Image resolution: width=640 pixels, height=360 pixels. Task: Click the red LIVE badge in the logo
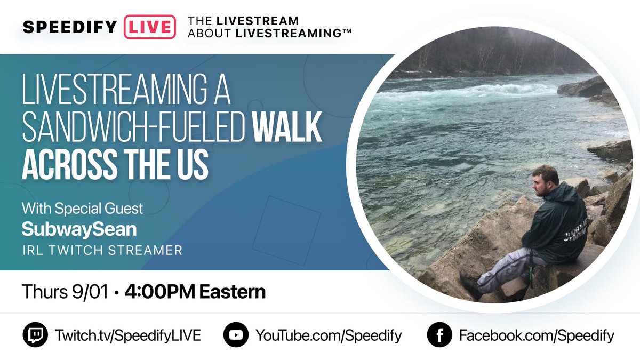click(149, 27)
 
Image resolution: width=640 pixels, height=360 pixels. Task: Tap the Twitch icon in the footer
click(35, 335)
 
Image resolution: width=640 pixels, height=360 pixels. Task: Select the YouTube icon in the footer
click(236, 335)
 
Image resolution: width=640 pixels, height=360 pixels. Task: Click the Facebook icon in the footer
click(439, 335)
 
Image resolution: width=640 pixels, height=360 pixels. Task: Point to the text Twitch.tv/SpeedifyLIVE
click(127, 335)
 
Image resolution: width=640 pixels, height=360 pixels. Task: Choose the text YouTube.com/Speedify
click(329, 335)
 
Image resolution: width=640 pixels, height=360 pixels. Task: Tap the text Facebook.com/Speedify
click(537, 335)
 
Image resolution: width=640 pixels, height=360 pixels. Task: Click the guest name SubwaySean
click(79, 229)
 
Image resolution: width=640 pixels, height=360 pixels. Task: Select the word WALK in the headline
click(286, 130)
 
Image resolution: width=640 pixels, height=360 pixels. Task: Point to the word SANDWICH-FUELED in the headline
click(133, 130)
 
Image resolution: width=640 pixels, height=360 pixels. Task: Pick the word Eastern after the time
click(237, 292)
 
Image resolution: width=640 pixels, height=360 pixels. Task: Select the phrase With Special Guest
click(82, 207)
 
